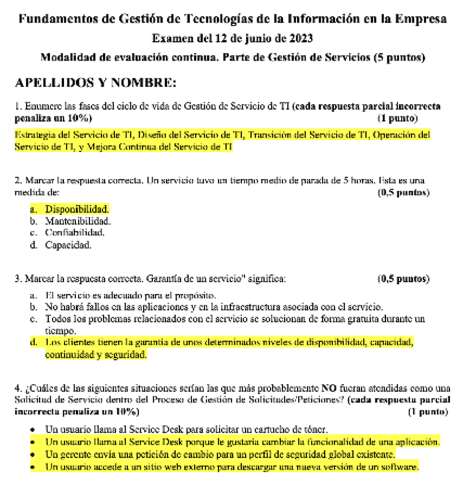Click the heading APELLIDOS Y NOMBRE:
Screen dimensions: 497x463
click(x=95, y=83)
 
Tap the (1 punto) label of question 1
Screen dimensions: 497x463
click(x=397, y=118)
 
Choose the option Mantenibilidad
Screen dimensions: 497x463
click(x=78, y=221)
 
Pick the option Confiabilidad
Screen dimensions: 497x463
click(x=75, y=233)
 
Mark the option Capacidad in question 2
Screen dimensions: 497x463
click(x=68, y=245)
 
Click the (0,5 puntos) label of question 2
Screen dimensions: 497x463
click(x=404, y=192)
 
